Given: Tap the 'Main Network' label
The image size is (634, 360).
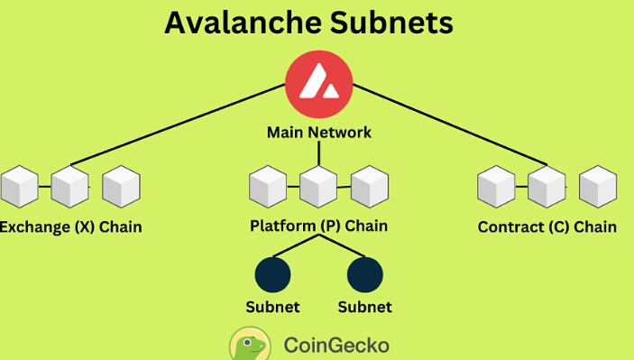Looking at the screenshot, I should coord(318,133).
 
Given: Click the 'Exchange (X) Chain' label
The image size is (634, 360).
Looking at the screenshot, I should coord(70,226).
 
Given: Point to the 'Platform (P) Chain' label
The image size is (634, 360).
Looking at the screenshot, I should coord(318,226).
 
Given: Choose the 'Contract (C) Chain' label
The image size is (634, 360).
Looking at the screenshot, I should coord(547,226).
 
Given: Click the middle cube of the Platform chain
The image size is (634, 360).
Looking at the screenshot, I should coord(318,186).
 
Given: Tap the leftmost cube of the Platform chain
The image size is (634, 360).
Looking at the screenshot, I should coord(268,186).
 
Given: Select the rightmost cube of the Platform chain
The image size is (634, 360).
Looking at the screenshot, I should coord(369,186).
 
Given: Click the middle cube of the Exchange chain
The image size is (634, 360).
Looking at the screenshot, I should coord(69,186).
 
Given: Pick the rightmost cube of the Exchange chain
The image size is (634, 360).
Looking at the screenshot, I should coord(121,186).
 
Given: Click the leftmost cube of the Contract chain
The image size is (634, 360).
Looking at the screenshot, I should coord(496,186).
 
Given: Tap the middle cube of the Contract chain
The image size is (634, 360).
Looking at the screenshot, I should coord(547,186).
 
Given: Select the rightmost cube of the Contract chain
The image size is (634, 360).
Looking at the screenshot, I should coord(597,186).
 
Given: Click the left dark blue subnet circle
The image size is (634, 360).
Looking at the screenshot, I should coord(272,273).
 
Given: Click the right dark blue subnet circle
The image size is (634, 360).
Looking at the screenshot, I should coord(364,273).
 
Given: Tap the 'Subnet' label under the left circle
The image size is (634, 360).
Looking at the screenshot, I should coord(272,307).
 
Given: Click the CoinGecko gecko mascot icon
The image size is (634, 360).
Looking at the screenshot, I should coord(249,345).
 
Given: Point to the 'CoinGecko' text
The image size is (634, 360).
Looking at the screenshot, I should coord(336,345).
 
